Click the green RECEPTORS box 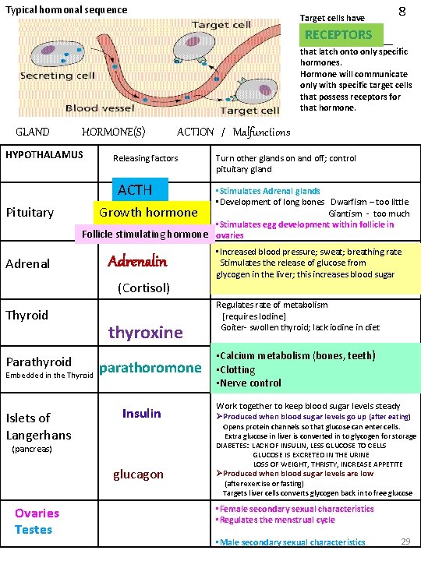tap(339, 34)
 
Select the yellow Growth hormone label tap(148, 212)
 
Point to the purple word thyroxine tap(146, 333)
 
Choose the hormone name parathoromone tap(150, 367)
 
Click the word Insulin tap(142, 413)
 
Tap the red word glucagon tap(139, 474)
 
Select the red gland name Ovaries tap(37, 513)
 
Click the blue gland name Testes tap(34, 530)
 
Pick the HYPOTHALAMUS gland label tap(44, 155)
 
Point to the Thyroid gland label tap(27, 315)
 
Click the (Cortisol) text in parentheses tap(143, 288)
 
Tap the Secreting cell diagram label tap(58, 76)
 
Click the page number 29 tap(405, 541)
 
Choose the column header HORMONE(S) tap(114, 132)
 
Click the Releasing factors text tap(145, 158)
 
